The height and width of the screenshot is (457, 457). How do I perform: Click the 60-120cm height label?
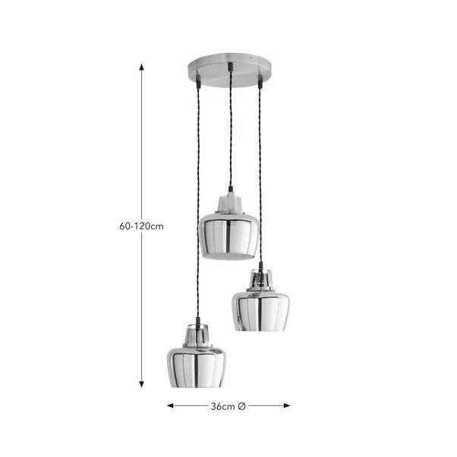pyautogui.click(x=141, y=226)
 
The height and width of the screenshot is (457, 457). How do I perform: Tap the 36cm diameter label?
pyautogui.click(x=222, y=406)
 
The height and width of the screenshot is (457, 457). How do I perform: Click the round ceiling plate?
pyautogui.click(x=228, y=68)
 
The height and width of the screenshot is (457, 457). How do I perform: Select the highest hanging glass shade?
pyautogui.click(x=228, y=236)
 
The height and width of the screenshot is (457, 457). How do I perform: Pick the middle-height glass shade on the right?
pyautogui.click(x=260, y=309)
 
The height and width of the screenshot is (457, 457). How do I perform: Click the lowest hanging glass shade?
pyautogui.click(x=196, y=366)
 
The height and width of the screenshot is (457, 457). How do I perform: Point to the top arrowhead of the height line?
pyautogui.click(x=142, y=67)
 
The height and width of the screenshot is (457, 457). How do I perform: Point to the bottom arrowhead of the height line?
pyautogui.click(x=142, y=384)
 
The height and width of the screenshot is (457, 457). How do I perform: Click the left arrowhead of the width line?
pyautogui.click(x=171, y=406)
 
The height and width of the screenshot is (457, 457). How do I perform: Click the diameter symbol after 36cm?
pyautogui.click(x=241, y=406)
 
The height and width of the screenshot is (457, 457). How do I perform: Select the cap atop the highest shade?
pyautogui.click(x=229, y=203)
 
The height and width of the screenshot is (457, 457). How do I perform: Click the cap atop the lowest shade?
pyautogui.click(x=196, y=335)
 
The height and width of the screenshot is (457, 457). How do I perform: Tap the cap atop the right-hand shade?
pyautogui.click(x=260, y=279)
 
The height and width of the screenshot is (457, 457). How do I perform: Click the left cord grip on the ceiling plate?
pyautogui.click(x=197, y=78)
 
